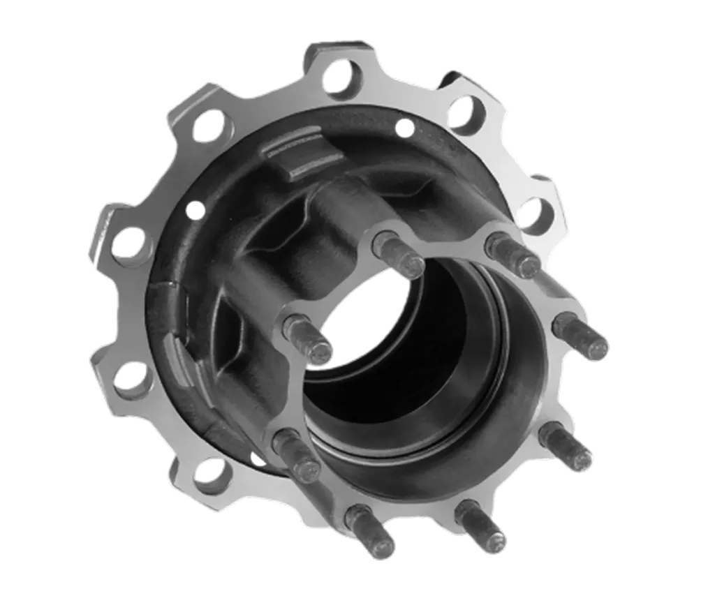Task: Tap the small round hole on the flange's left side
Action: pyautogui.click(x=195, y=208)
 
